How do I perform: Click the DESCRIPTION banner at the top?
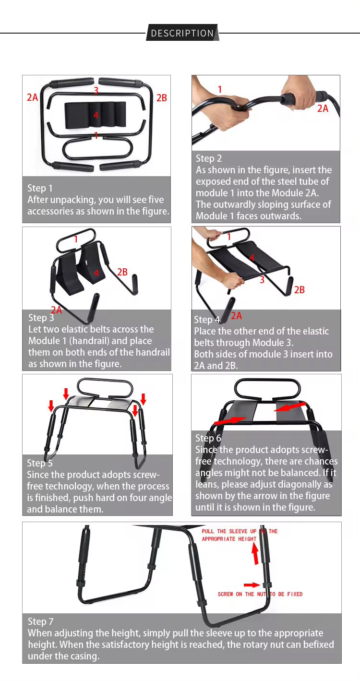(182, 33)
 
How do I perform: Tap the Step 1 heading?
(40, 188)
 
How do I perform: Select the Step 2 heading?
(209, 158)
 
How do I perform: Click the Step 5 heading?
(40, 463)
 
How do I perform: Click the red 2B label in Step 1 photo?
(162, 98)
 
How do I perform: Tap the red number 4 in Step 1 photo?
(96, 115)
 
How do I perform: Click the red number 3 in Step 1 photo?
(96, 90)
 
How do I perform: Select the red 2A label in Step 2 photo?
(323, 109)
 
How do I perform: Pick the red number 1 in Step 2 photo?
(220, 89)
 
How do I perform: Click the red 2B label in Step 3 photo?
(122, 272)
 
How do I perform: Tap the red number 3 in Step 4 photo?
(262, 280)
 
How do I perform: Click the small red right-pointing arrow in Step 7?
(251, 585)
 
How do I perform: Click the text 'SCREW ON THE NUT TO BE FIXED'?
(260, 594)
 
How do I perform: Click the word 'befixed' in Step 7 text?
(317, 645)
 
